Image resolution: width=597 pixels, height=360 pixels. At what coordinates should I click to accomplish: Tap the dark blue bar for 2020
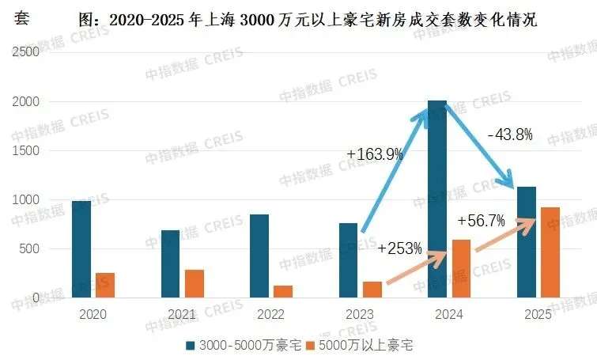tap(81, 249)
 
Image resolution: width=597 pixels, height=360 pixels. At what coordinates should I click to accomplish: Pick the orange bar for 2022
tap(282, 291)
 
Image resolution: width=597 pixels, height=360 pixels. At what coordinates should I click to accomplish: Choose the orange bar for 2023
tap(372, 290)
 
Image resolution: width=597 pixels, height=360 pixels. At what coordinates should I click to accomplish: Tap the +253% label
tap(399, 248)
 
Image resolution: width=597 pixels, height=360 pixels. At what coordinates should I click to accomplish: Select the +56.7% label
tap(481, 221)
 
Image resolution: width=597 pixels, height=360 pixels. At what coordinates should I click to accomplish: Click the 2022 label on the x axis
tap(271, 313)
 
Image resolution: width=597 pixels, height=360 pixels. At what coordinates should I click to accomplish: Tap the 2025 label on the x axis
tap(538, 313)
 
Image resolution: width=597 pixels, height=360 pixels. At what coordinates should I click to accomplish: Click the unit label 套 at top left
tap(22, 18)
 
